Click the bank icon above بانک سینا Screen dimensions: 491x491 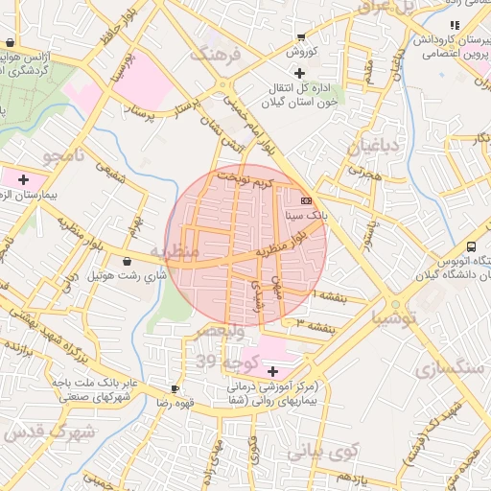(x=306, y=200)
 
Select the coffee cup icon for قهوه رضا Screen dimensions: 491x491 (x=174, y=388)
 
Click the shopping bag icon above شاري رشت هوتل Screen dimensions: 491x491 (x=128, y=261)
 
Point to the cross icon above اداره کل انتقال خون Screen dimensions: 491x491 (x=300, y=73)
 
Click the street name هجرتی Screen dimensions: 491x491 (x=364, y=172)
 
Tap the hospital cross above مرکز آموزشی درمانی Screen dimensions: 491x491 (x=272, y=371)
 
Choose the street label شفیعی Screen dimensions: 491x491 (x=108, y=173)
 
